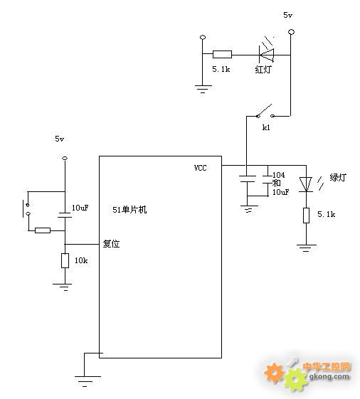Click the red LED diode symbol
click(x=267, y=55)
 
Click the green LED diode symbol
click(x=306, y=184)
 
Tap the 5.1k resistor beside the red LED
click(x=222, y=54)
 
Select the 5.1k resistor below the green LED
click(x=306, y=216)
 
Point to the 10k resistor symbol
click(x=65, y=260)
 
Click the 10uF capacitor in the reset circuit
click(x=65, y=215)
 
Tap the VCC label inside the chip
click(x=200, y=168)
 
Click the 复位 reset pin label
click(x=111, y=244)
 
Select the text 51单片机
click(x=129, y=210)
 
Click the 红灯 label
click(x=263, y=69)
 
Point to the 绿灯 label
click(x=338, y=177)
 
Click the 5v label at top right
click(x=287, y=15)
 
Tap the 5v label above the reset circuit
click(x=59, y=139)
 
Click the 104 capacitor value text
click(x=278, y=175)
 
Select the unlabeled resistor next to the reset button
click(x=43, y=230)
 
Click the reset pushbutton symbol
click(x=26, y=209)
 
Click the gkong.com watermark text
click(x=329, y=376)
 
